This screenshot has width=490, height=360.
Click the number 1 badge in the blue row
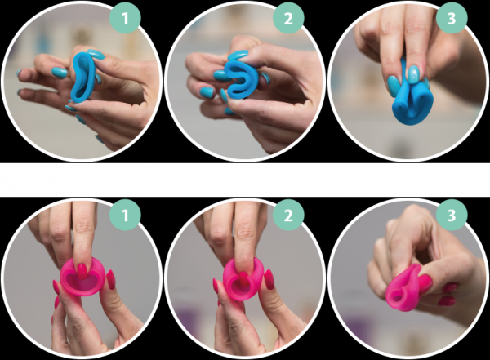coord(125,19)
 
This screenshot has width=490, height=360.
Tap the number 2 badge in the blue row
coord(288,19)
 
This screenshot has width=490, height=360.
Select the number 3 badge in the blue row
coord(452,19)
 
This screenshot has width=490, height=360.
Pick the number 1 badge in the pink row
coord(125,215)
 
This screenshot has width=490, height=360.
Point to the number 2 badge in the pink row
coord(288,215)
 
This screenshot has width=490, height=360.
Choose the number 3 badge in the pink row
coord(452,215)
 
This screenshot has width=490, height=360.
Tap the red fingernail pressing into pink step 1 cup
coord(82,271)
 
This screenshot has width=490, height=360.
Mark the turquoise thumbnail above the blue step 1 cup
coord(96,54)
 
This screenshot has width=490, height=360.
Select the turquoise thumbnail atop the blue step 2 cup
coord(238,55)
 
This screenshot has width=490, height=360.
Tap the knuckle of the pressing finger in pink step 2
coord(245,230)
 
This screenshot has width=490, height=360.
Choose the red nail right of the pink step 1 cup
coord(110,279)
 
